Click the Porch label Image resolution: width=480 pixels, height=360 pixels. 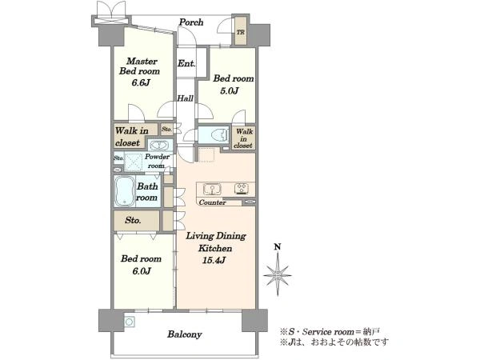tap(191, 22)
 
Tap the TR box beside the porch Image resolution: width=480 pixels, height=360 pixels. tap(241, 31)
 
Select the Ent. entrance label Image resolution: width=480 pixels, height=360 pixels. tap(186, 63)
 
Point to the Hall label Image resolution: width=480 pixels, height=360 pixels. tap(186, 98)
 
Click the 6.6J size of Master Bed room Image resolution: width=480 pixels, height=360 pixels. tap(140, 82)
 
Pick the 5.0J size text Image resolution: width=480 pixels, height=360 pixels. tap(230, 90)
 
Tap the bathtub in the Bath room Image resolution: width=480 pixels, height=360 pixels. tap(124, 190)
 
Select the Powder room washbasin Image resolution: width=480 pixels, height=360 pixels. tap(158, 145)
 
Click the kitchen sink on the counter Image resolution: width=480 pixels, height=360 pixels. tap(212, 189)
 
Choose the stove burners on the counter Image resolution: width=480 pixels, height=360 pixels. tap(242, 188)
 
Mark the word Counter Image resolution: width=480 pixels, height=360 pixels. tap(213, 202)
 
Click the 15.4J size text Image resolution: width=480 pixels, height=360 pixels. tap(214, 260)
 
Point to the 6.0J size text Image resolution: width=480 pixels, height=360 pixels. tap(141, 271)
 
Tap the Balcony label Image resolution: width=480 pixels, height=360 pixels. tap(184, 334)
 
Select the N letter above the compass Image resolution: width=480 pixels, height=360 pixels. tap(278, 247)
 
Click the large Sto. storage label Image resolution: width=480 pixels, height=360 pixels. tap(133, 220)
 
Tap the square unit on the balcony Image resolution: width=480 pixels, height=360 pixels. tap(130, 322)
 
